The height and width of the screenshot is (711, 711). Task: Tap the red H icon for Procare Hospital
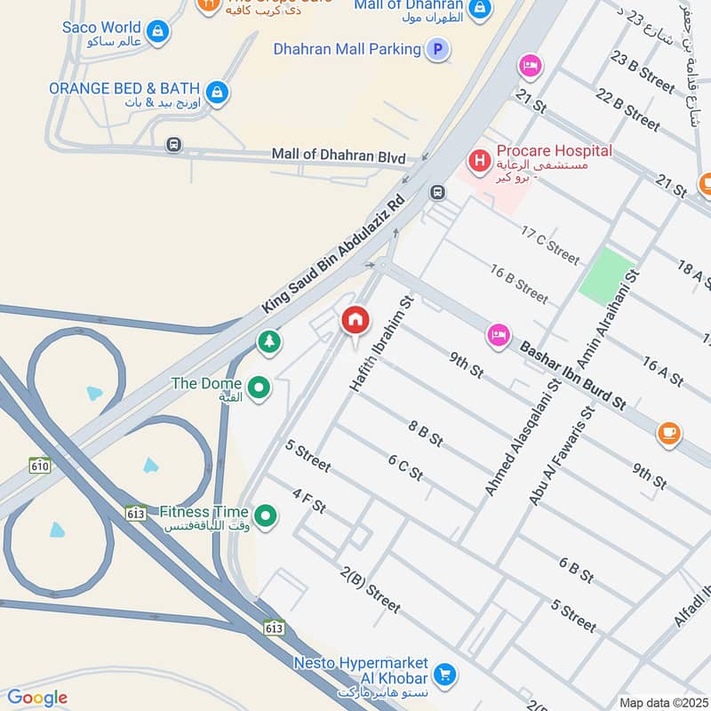480,161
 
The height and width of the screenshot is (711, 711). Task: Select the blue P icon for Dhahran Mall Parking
436,50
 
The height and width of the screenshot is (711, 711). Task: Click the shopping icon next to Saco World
157,31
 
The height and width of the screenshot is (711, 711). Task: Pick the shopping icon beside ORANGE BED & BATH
216,91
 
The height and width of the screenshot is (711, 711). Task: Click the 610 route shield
39,465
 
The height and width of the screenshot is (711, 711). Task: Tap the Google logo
36,698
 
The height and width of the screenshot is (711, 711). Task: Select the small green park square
604,274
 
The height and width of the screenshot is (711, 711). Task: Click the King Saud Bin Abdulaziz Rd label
334,254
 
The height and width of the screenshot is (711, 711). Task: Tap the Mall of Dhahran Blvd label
339,156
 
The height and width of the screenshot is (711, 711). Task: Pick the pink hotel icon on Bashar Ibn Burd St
497,335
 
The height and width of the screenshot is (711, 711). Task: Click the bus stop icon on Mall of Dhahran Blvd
173,145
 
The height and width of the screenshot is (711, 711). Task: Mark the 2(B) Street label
371,589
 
